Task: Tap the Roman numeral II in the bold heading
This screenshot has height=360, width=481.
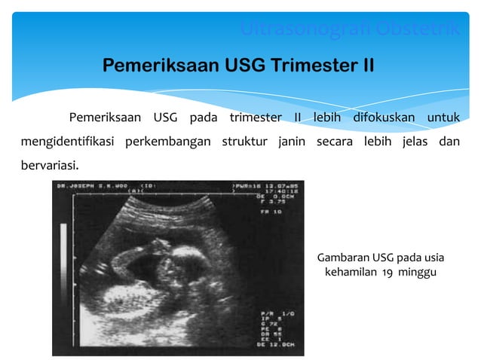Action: tap(364, 66)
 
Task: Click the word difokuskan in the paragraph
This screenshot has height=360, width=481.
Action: tap(384, 117)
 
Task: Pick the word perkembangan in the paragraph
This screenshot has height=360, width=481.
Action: tap(167, 142)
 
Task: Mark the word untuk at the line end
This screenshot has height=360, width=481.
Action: tap(443, 117)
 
